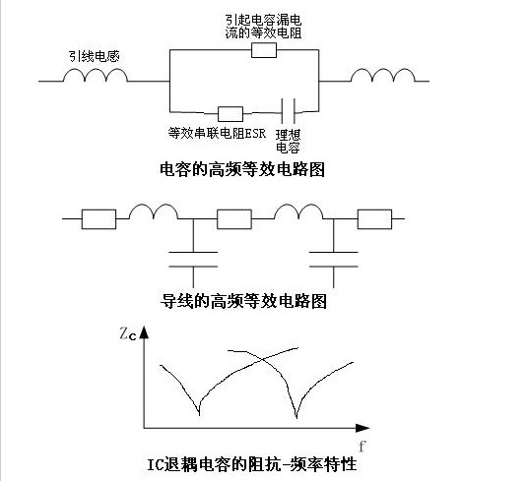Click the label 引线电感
point(95,56)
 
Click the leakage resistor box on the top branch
point(264,50)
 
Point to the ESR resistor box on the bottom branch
point(230,114)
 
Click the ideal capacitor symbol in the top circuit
point(289,111)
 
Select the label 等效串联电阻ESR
point(217,133)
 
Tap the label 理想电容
point(288,141)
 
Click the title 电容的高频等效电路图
point(242,169)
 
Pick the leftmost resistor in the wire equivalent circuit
point(99,219)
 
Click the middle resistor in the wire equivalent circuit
point(234,219)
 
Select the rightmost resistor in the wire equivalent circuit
point(374,219)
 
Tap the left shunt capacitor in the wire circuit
point(193,260)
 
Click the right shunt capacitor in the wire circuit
point(334,260)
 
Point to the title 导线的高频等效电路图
point(243,301)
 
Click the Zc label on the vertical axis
point(128,334)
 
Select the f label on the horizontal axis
point(362,447)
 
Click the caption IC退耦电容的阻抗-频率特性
point(252,464)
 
